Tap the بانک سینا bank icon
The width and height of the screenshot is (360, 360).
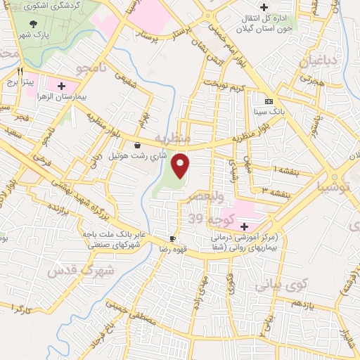[268, 101]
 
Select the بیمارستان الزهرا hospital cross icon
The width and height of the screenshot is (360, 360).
[61, 86]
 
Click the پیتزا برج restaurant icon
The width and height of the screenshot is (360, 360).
[20, 72]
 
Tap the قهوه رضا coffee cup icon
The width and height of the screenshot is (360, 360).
[172, 238]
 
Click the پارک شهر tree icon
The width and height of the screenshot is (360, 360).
[34, 24]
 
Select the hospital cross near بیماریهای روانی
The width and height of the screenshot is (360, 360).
[245, 226]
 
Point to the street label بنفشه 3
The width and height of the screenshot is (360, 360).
[274, 191]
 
